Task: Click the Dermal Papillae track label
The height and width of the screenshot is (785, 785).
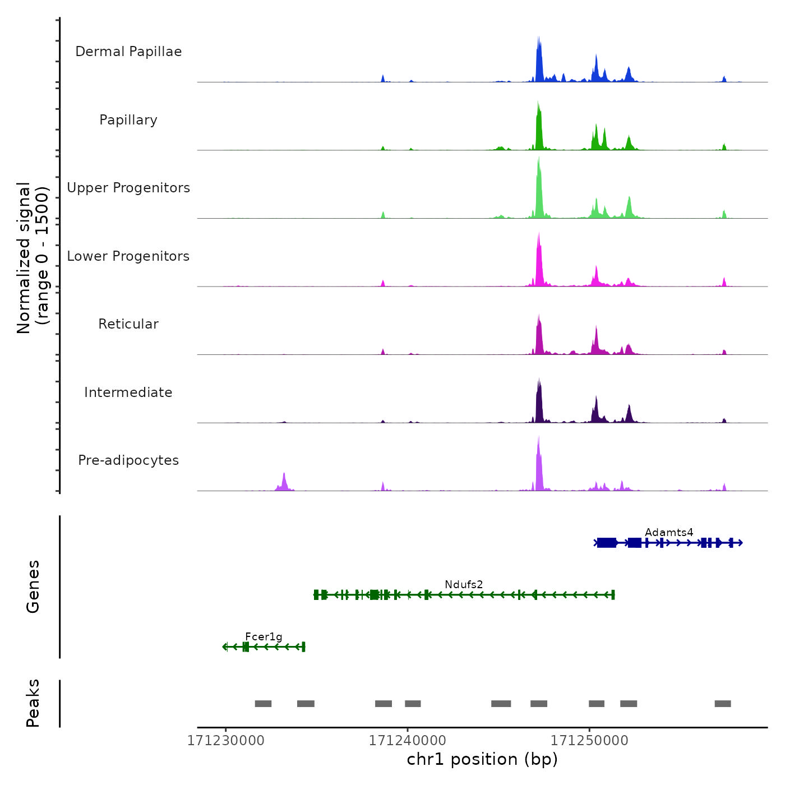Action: [x=128, y=52]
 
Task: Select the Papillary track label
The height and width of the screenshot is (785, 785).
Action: [x=128, y=120]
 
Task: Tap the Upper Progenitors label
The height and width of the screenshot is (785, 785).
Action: [x=128, y=188]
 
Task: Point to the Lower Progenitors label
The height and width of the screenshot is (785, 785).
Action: [x=128, y=256]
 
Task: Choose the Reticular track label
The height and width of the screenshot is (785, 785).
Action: [x=128, y=324]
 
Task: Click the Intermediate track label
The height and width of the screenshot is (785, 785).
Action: [x=128, y=392]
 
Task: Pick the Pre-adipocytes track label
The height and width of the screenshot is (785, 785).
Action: [x=128, y=460]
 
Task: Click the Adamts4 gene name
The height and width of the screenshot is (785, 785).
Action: [x=669, y=532]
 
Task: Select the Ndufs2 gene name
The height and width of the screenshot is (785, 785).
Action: [x=464, y=584]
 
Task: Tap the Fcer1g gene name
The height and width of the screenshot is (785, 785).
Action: [x=264, y=636]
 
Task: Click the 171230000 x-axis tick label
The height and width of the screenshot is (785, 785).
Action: [x=226, y=740]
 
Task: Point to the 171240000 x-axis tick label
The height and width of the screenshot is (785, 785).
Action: [x=408, y=740]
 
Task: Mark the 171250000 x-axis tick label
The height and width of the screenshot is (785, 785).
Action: [x=589, y=740]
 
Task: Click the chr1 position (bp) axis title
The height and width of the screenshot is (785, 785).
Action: [x=482, y=759]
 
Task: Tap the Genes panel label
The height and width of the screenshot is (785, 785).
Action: [x=33, y=587]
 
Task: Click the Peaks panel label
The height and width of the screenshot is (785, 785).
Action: [x=33, y=703]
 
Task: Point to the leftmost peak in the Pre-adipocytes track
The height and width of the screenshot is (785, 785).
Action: [x=284, y=481]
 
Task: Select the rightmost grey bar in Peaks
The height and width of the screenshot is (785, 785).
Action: [x=723, y=704]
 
